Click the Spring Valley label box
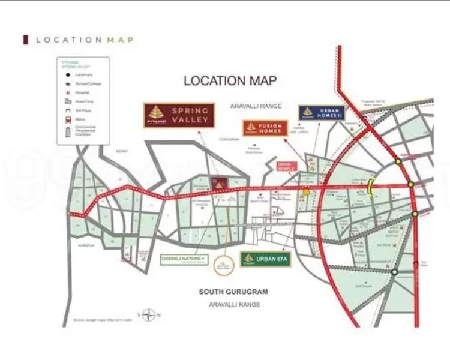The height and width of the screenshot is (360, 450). point(179,115)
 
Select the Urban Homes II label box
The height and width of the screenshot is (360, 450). point(322,113)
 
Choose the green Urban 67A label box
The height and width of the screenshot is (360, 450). point(265,259)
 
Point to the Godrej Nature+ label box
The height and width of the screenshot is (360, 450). point(184,259)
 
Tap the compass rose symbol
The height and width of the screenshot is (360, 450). point(149,314)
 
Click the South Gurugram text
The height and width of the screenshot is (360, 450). point(233,292)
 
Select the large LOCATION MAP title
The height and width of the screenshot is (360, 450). point(230,80)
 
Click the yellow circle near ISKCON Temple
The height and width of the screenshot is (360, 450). point(306,192)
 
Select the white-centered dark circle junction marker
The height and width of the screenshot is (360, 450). point(394,272)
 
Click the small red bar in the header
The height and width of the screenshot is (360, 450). point(25,40)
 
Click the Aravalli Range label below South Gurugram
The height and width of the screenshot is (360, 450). point(234,304)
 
